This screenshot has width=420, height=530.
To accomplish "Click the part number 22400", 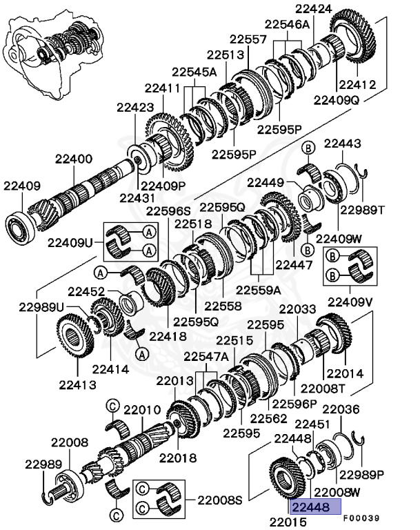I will coord(69,159).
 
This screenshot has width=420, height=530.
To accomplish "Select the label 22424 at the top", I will coord(314,9).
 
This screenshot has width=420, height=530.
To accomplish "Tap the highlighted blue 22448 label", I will coord(315,507).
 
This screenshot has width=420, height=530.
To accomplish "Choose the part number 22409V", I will coord(350,301).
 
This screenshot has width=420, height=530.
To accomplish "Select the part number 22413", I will coord(78,384).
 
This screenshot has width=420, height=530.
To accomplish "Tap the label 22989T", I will coord(364,209).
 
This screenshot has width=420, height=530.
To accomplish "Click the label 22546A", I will coord(289,25).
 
